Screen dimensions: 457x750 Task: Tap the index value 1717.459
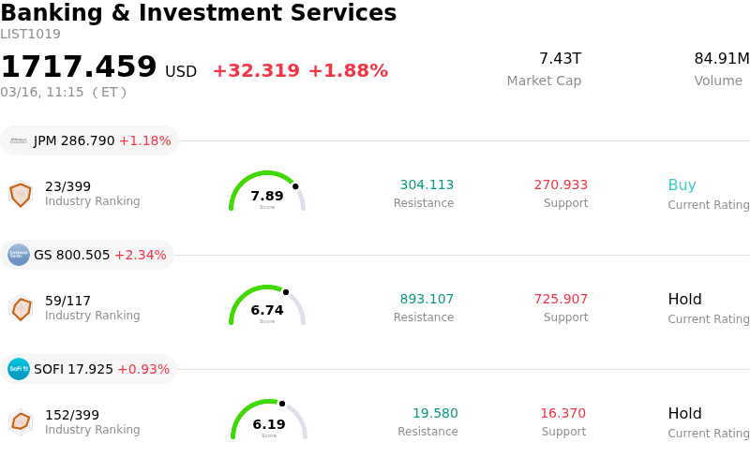click(x=79, y=67)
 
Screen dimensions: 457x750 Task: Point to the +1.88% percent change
click(x=348, y=71)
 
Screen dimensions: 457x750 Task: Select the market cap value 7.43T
click(x=560, y=59)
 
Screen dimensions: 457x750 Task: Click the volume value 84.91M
click(x=721, y=59)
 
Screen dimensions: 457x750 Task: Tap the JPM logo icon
click(x=19, y=140)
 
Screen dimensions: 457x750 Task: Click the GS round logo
click(x=19, y=255)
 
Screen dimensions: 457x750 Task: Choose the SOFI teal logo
click(x=19, y=369)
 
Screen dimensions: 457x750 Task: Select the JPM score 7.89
click(x=267, y=196)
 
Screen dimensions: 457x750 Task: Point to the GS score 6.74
click(x=267, y=310)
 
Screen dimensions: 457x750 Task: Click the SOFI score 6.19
click(x=269, y=424)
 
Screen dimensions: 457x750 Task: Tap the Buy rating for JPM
click(x=682, y=185)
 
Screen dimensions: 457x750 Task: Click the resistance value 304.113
click(x=427, y=185)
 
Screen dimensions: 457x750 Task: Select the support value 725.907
click(x=561, y=300)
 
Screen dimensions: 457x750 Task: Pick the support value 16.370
click(x=562, y=414)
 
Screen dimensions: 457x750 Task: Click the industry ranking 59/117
click(x=67, y=301)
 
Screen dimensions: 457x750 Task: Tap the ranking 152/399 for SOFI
click(x=71, y=415)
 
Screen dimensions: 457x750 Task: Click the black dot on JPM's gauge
click(x=295, y=186)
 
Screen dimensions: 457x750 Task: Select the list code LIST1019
click(x=30, y=35)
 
